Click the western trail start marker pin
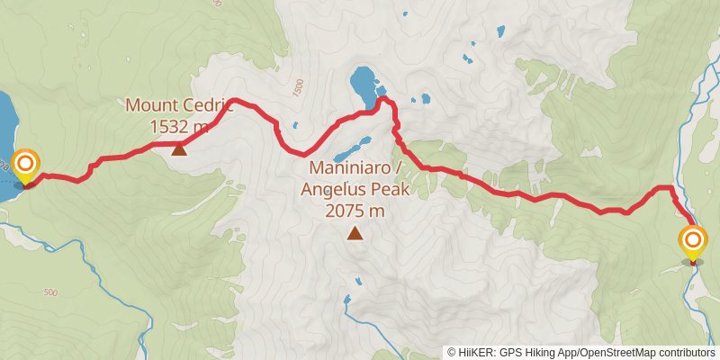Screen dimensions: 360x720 [26, 165]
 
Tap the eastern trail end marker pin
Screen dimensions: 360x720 [693, 241]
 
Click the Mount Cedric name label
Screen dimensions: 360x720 [178, 105]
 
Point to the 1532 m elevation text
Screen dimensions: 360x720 [179, 126]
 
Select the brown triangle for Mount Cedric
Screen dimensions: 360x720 [179, 149]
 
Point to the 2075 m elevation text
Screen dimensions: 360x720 [355, 211]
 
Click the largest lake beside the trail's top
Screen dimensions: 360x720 [363, 85]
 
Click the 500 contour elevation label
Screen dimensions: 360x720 [50, 293]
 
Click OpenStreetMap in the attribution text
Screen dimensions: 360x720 [615, 352]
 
